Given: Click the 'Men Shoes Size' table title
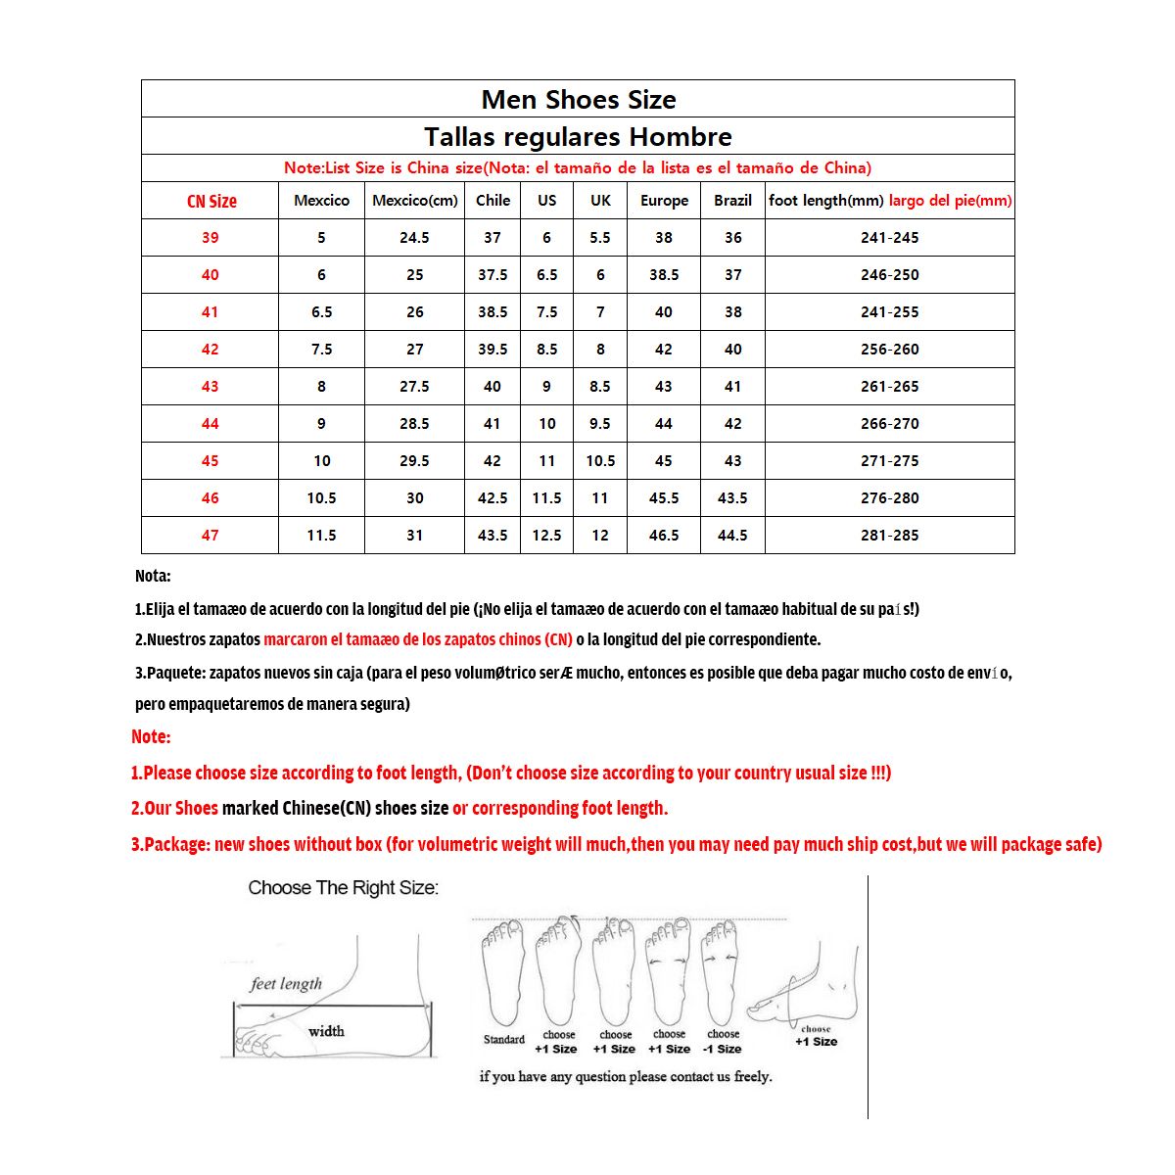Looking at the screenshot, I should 578,100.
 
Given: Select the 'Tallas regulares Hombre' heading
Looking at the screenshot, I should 578,137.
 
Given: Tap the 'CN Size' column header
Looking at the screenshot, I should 211,202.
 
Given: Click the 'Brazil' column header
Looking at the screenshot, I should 732,201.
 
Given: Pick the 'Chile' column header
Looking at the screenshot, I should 493,201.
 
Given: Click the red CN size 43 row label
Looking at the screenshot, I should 211,387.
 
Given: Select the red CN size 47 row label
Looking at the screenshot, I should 211,536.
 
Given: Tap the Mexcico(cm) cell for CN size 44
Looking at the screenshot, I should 414,424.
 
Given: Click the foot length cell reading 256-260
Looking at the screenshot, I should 889,350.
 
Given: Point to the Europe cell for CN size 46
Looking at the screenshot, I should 664,498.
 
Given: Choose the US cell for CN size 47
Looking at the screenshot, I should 546,536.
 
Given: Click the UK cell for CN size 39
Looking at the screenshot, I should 600,238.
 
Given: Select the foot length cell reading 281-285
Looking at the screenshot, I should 889,536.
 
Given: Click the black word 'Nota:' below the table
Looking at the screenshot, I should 153,577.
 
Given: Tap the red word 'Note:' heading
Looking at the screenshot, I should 151,737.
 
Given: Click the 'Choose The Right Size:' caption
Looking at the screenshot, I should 343,888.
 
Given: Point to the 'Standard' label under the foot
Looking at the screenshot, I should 504,1040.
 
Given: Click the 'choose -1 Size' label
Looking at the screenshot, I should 723,1042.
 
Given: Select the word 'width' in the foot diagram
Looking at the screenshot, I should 326,1031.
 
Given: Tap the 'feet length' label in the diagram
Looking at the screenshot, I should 286,984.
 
